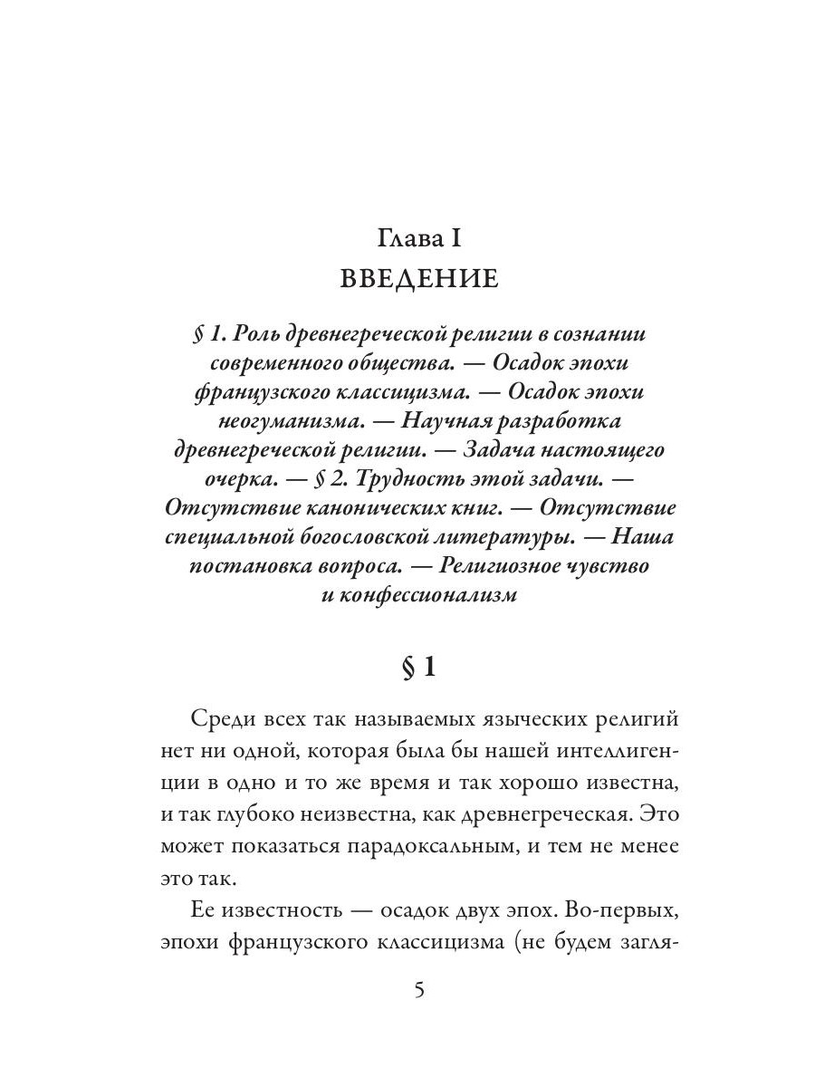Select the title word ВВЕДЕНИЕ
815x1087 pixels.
418,278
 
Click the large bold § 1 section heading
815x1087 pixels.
418,669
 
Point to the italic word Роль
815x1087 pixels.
253,334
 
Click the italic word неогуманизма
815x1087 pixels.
288,421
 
